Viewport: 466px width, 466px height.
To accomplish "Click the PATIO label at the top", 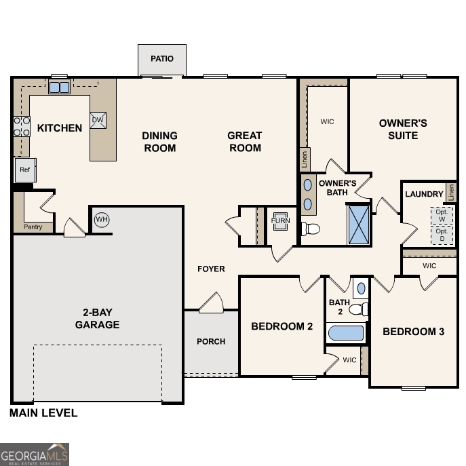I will [161, 58].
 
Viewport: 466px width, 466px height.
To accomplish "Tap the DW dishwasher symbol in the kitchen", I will [97, 120].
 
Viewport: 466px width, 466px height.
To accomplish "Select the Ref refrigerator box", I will [25, 170].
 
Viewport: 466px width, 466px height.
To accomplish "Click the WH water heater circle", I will [102, 219].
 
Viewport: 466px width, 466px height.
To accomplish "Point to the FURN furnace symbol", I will [280, 221].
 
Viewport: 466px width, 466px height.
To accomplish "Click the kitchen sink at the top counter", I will [59, 88].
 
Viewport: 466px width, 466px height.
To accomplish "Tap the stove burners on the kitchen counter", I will [22, 126].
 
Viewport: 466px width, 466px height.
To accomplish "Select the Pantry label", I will [33, 227].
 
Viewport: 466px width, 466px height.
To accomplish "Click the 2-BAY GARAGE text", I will [97, 319].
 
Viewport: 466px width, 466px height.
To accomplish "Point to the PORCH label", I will [211, 341].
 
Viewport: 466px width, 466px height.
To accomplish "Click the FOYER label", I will [211, 269].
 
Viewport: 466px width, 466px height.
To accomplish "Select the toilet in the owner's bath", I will [311, 229].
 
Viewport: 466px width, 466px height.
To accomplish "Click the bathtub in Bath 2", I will [346, 334].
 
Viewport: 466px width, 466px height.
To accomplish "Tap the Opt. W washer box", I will [442, 215].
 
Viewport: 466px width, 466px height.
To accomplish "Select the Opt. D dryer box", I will [442, 235].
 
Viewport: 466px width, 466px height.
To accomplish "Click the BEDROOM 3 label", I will [413, 332].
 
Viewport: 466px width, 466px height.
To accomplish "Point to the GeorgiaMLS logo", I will [35, 454].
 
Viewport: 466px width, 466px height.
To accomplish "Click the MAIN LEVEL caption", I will [43, 412].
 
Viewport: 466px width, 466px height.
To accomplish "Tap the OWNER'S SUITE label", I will [403, 129].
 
